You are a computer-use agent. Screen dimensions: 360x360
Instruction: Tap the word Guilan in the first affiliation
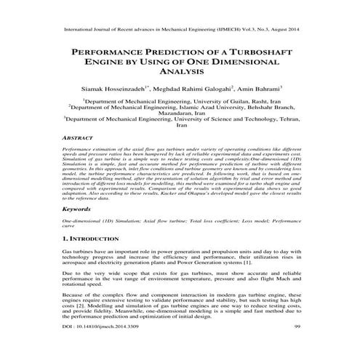pyautogui.click(x=218, y=103)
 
